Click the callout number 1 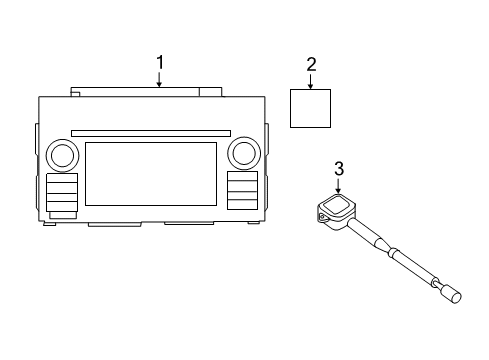pyautogui.click(x=159, y=63)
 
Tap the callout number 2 pyautogui.click(x=311, y=65)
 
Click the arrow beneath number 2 pyautogui.click(x=311, y=81)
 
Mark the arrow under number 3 pyautogui.click(x=339, y=185)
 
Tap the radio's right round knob pyautogui.click(x=242, y=153)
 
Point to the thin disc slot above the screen pyautogui.click(x=151, y=132)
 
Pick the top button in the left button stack pyautogui.click(x=62, y=181)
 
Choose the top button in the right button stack pyautogui.click(x=241, y=177)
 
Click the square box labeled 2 pyautogui.click(x=311, y=107)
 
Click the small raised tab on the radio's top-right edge pyautogui.click(x=210, y=92)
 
